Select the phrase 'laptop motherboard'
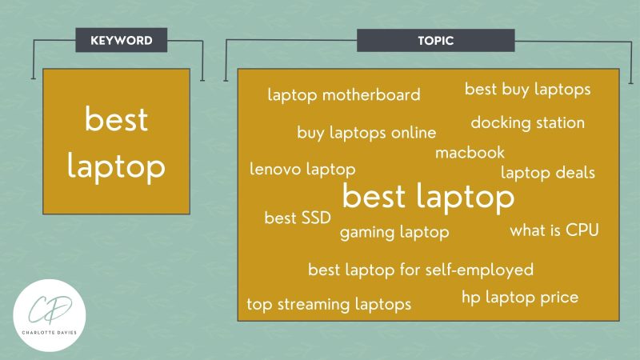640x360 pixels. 344,96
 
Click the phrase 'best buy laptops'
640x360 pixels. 528,89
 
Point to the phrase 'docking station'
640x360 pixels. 527,123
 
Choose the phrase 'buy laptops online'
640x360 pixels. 366,133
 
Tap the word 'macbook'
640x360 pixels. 470,152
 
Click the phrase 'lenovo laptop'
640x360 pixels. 302,170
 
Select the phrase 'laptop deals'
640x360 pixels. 548,172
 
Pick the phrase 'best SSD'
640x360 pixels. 298,218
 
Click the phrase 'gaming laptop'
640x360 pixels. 394,233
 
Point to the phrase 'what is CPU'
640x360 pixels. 554,230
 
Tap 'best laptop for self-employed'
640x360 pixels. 421,270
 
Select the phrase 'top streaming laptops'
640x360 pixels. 329,304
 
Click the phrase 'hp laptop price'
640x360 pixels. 520,298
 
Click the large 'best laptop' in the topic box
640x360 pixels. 428,197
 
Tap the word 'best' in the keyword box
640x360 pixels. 116,120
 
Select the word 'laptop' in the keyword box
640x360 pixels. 116,166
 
